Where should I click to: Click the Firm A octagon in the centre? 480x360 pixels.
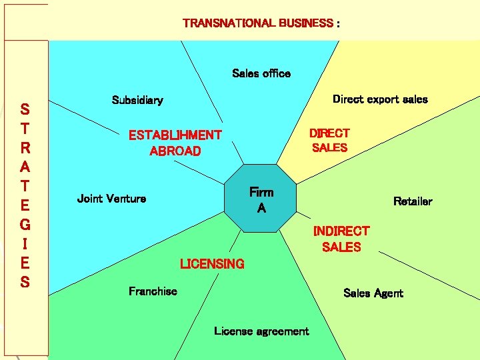pos(261,199)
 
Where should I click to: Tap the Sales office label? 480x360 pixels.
pos(261,73)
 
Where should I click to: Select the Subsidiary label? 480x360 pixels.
pos(137,100)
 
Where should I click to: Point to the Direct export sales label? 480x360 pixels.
pos(380,99)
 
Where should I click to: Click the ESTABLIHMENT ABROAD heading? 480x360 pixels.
pos(175,143)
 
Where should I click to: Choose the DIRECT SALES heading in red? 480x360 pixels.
pos(329,140)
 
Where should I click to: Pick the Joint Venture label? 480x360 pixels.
pos(111,198)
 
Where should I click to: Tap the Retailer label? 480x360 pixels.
pos(413,201)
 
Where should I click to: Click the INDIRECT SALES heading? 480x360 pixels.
pos(341,239)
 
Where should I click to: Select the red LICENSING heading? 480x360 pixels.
pos(212,264)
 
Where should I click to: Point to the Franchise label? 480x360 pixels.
pos(153,291)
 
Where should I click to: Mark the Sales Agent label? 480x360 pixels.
pos(373,293)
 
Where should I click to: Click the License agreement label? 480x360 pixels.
pos(261,331)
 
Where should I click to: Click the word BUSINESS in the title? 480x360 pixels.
pos(306,23)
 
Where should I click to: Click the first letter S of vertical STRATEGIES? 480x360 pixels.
pos(25,109)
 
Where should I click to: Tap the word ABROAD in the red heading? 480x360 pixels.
pos(175,151)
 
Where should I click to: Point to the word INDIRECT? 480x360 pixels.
pos(341,231)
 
